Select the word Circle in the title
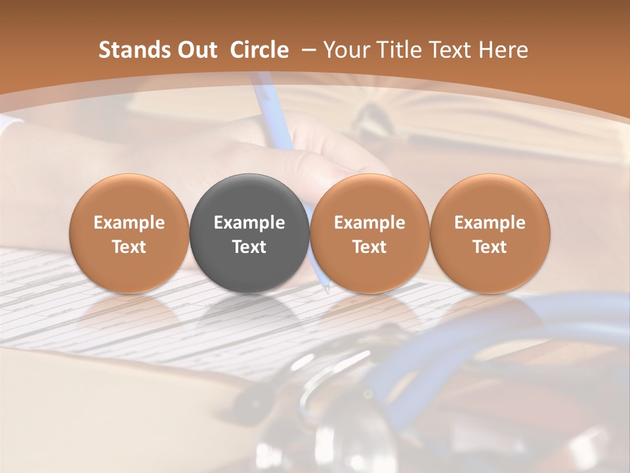259,50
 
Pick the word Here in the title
503,50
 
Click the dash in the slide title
305,51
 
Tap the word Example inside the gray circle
249,223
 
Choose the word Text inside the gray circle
249,247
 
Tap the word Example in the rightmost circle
490,223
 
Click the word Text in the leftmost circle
129,247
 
